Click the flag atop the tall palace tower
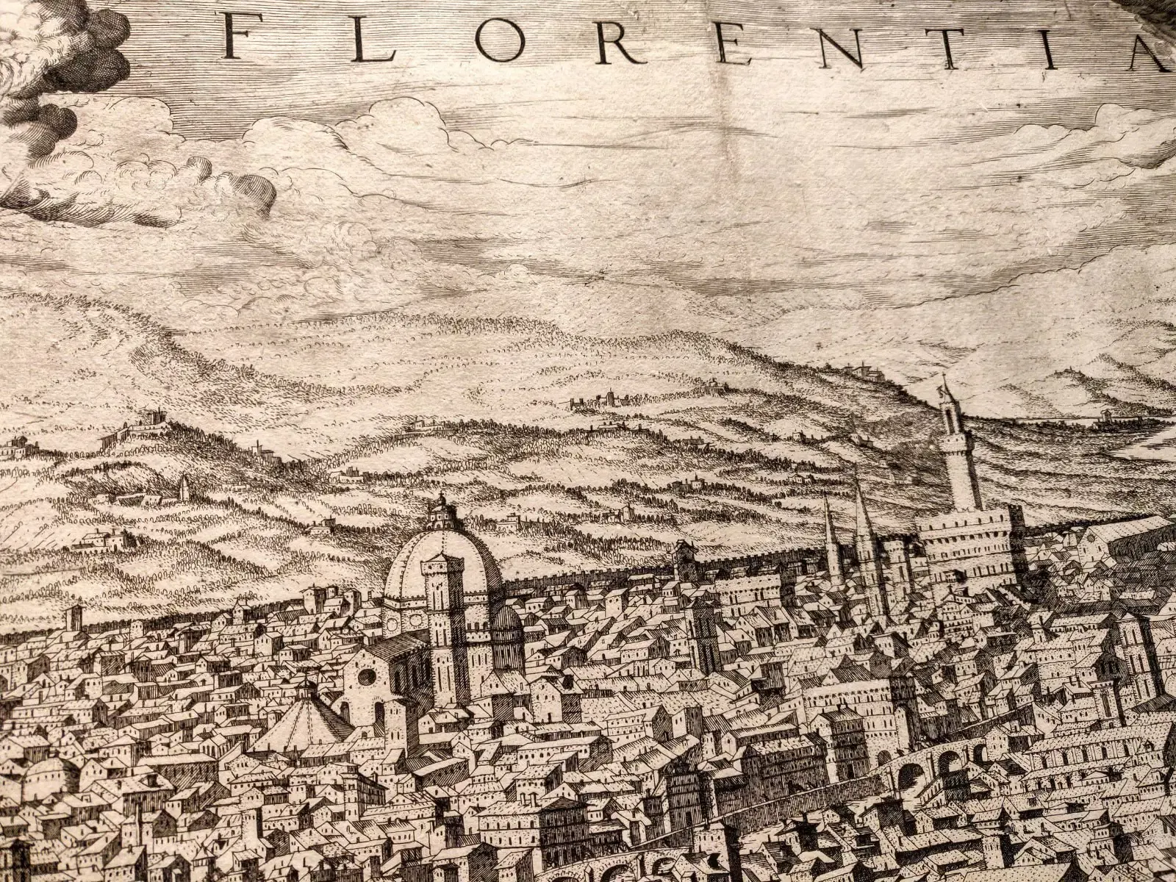[x=943, y=384]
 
